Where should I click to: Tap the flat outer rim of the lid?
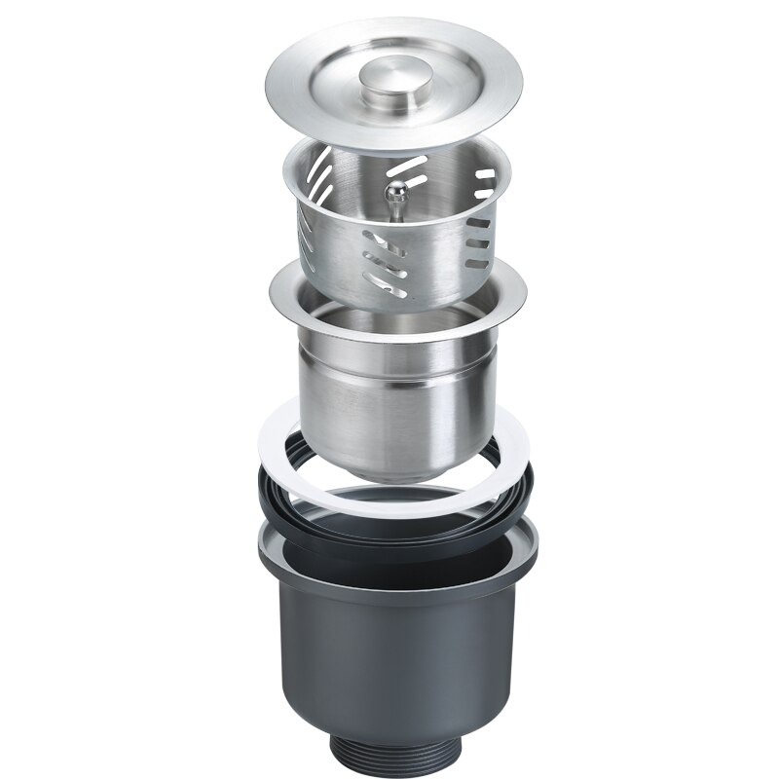[x=292, y=107]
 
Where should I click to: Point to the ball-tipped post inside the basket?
[x=393, y=195]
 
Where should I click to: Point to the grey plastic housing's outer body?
[x=389, y=662]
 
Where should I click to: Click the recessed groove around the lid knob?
[x=360, y=97]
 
